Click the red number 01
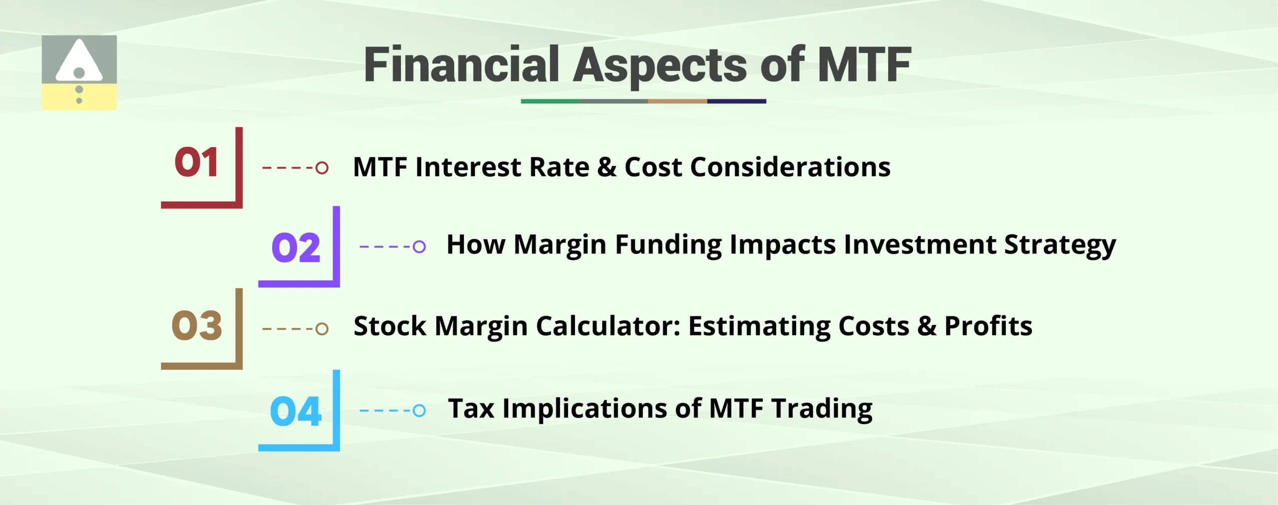pyautogui.click(x=196, y=163)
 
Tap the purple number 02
pyautogui.click(x=296, y=248)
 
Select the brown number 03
pyautogui.click(x=196, y=326)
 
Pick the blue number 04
pyautogui.click(x=296, y=412)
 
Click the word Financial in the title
pyautogui.click(x=462, y=65)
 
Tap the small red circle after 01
pyautogui.click(x=322, y=168)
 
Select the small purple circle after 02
pyautogui.click(x=419, y=247)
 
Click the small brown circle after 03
pyautogui.click(x=322, y=328)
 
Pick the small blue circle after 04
pyautogui.click(x=419, y=411)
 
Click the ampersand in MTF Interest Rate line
pyautogui.click(x=607, y=167)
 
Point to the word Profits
pyautogui.click(x=988, y=326)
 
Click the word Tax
pyautogui.click(x=471, y=409)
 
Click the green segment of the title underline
pyautogui.click(x=550, y=101)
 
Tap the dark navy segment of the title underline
pyautogui.click(x=736, y=101)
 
